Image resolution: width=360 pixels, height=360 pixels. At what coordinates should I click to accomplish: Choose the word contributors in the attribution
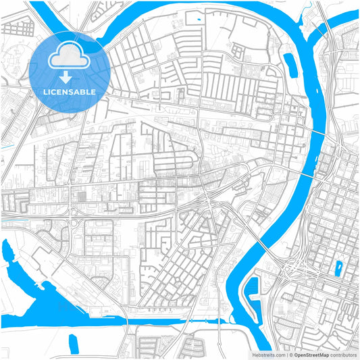[x=342, y=355]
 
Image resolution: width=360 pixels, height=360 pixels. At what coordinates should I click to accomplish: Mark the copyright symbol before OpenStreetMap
[x=289, y=355]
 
